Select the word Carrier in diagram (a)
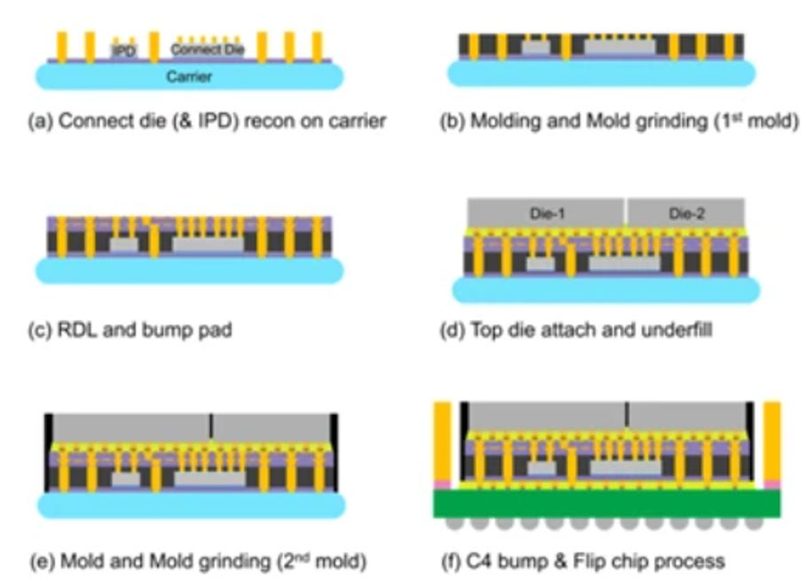tap(190, 77)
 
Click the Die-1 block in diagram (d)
tap(544, 212)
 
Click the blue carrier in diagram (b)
tap(601, 74)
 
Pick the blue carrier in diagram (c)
tap(189, 270)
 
